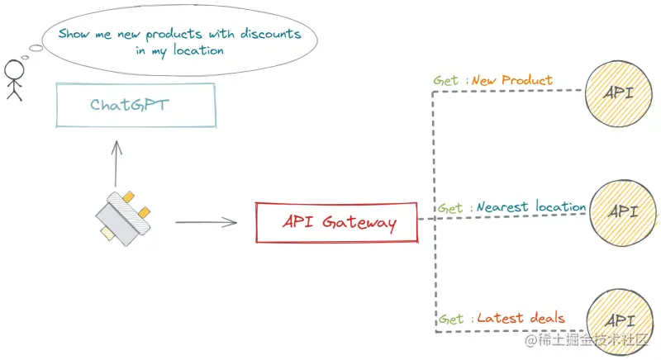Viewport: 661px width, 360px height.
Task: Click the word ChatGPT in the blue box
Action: tap(135, 105)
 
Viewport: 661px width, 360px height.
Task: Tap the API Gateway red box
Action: tap(336, 222)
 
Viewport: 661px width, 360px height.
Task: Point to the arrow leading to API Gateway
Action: tap(207, 222)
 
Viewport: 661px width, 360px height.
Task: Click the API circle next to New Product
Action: tap(618, 92)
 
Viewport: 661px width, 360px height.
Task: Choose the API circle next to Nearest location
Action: tap(622, 211)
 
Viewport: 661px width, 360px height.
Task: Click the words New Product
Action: tap(511, 81)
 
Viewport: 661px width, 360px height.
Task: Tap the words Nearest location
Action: tap(531, 207)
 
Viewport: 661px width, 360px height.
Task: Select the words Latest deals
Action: tap(521, 318)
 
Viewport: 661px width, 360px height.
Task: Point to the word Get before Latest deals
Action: tap(451, 319)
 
